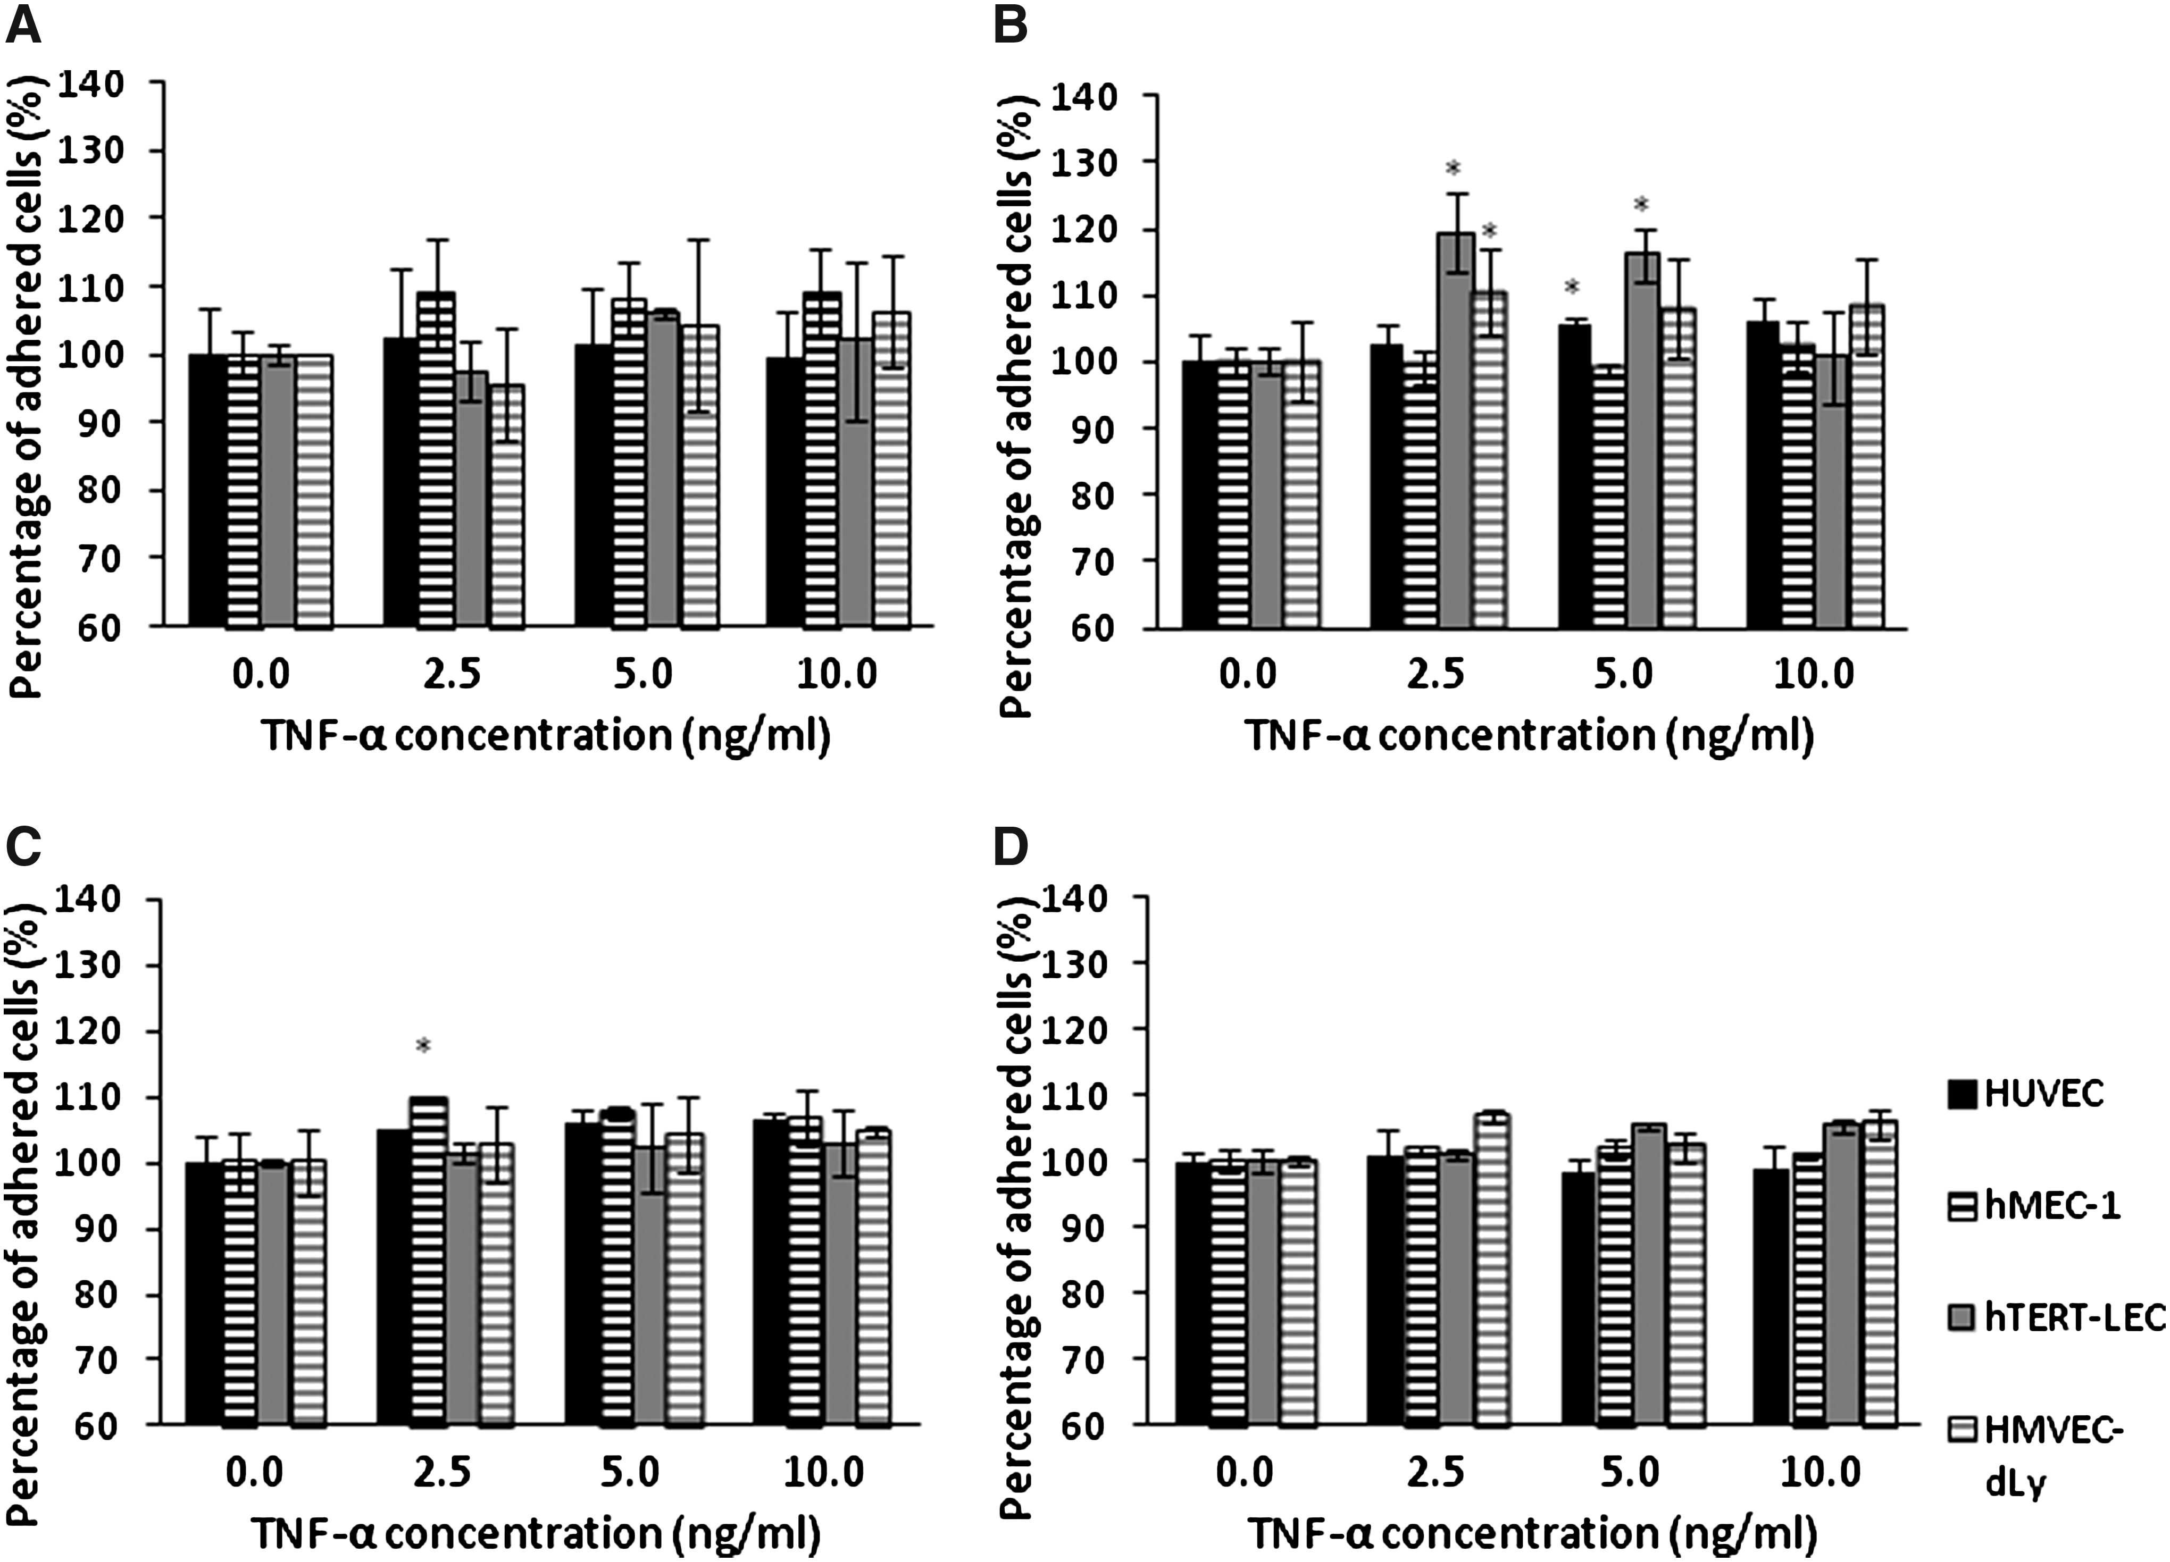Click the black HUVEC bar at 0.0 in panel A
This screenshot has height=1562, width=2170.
[x=207, y=491]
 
